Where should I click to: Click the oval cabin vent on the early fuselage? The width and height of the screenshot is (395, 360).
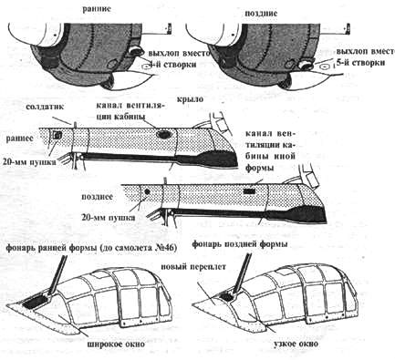click(164, 134)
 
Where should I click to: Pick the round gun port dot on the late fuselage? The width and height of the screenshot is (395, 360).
click(147, 192)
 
